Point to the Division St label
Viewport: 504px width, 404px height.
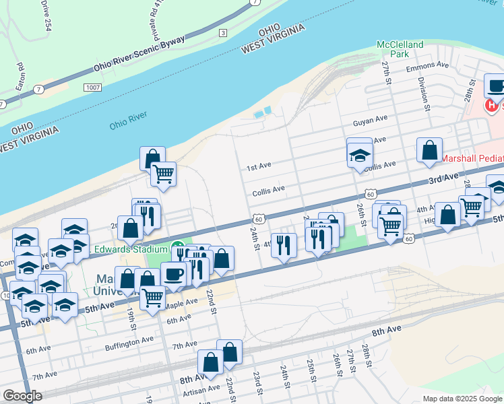click(424, 93)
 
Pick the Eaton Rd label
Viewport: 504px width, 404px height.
click(20, 77)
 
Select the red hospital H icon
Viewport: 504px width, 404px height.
click(492, 106)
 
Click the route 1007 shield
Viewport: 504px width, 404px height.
click(93, 88)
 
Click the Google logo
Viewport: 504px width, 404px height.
click(22, 395)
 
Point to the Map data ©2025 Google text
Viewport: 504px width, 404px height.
click(462, 399)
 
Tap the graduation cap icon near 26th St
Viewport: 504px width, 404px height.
click(360, 156)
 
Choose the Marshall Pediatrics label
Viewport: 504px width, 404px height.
click(472, 159)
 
